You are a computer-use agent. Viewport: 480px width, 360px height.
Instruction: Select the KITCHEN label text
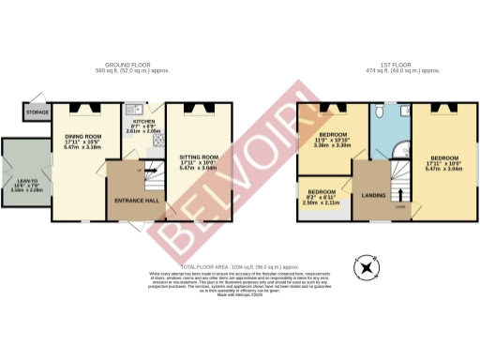click(143, 123)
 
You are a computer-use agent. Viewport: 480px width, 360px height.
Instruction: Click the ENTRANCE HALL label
click(135, 201)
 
